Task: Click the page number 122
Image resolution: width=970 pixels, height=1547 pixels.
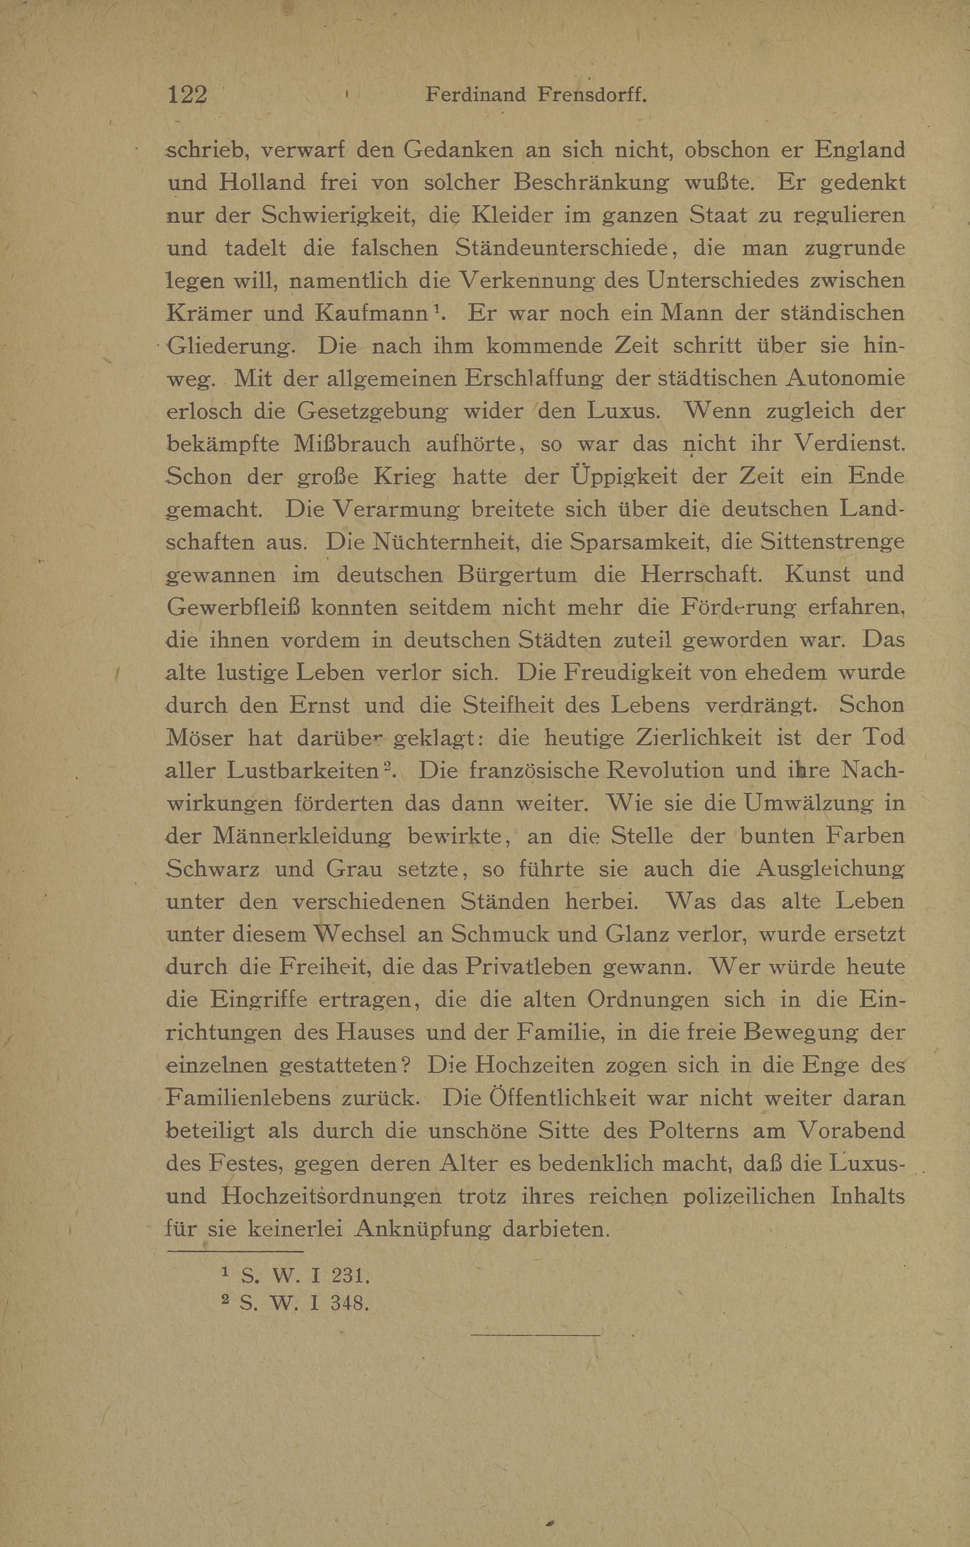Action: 187,95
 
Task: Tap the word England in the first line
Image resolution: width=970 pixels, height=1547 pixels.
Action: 860,150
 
